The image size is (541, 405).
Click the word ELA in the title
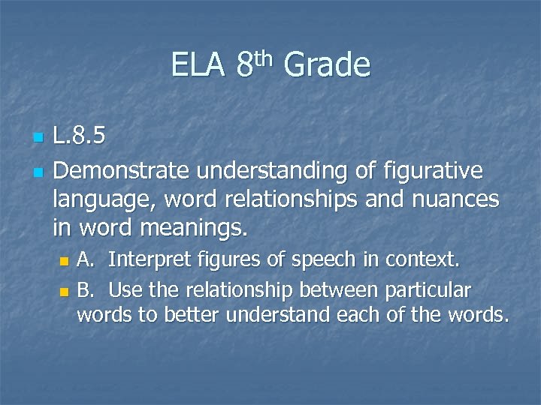pos(198,65)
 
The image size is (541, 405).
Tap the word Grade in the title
pos(328,65)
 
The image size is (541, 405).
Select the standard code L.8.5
pos(80,137)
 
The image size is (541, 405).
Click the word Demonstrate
pos(121,171)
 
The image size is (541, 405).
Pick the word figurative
pos(435,171)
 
